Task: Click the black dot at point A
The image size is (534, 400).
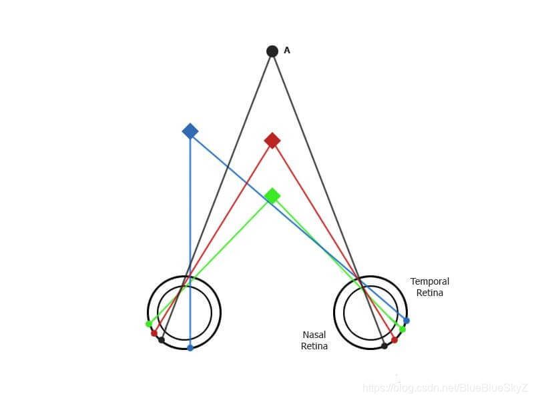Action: tap(272, 51)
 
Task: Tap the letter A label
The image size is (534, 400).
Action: tap(287, 50)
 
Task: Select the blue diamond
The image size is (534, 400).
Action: tap(190, 131)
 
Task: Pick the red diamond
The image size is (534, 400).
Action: tap(272, 141)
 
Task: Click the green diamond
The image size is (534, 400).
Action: tap(272, 196)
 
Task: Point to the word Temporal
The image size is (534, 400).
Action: tap(429, 281)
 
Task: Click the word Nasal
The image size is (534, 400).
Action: tap(314, 335)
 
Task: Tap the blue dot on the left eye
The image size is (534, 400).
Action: tap(190, 347)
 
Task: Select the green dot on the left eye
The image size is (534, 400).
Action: tap(148, 324)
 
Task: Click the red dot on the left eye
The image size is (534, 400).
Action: tap(154, 333)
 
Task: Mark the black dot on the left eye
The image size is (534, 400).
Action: tap(162, 340)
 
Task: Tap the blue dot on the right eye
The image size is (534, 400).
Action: tap(407, 321)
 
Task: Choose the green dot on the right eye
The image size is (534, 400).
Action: tap(403, 329)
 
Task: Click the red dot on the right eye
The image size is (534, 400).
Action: tap(394, 340)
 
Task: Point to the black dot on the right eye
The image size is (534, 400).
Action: tap(384, 346)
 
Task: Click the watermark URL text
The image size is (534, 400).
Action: tap(445, 387)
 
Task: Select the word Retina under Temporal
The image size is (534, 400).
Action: tap(429, 293)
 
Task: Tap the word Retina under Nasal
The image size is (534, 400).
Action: tap(314, 346)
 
